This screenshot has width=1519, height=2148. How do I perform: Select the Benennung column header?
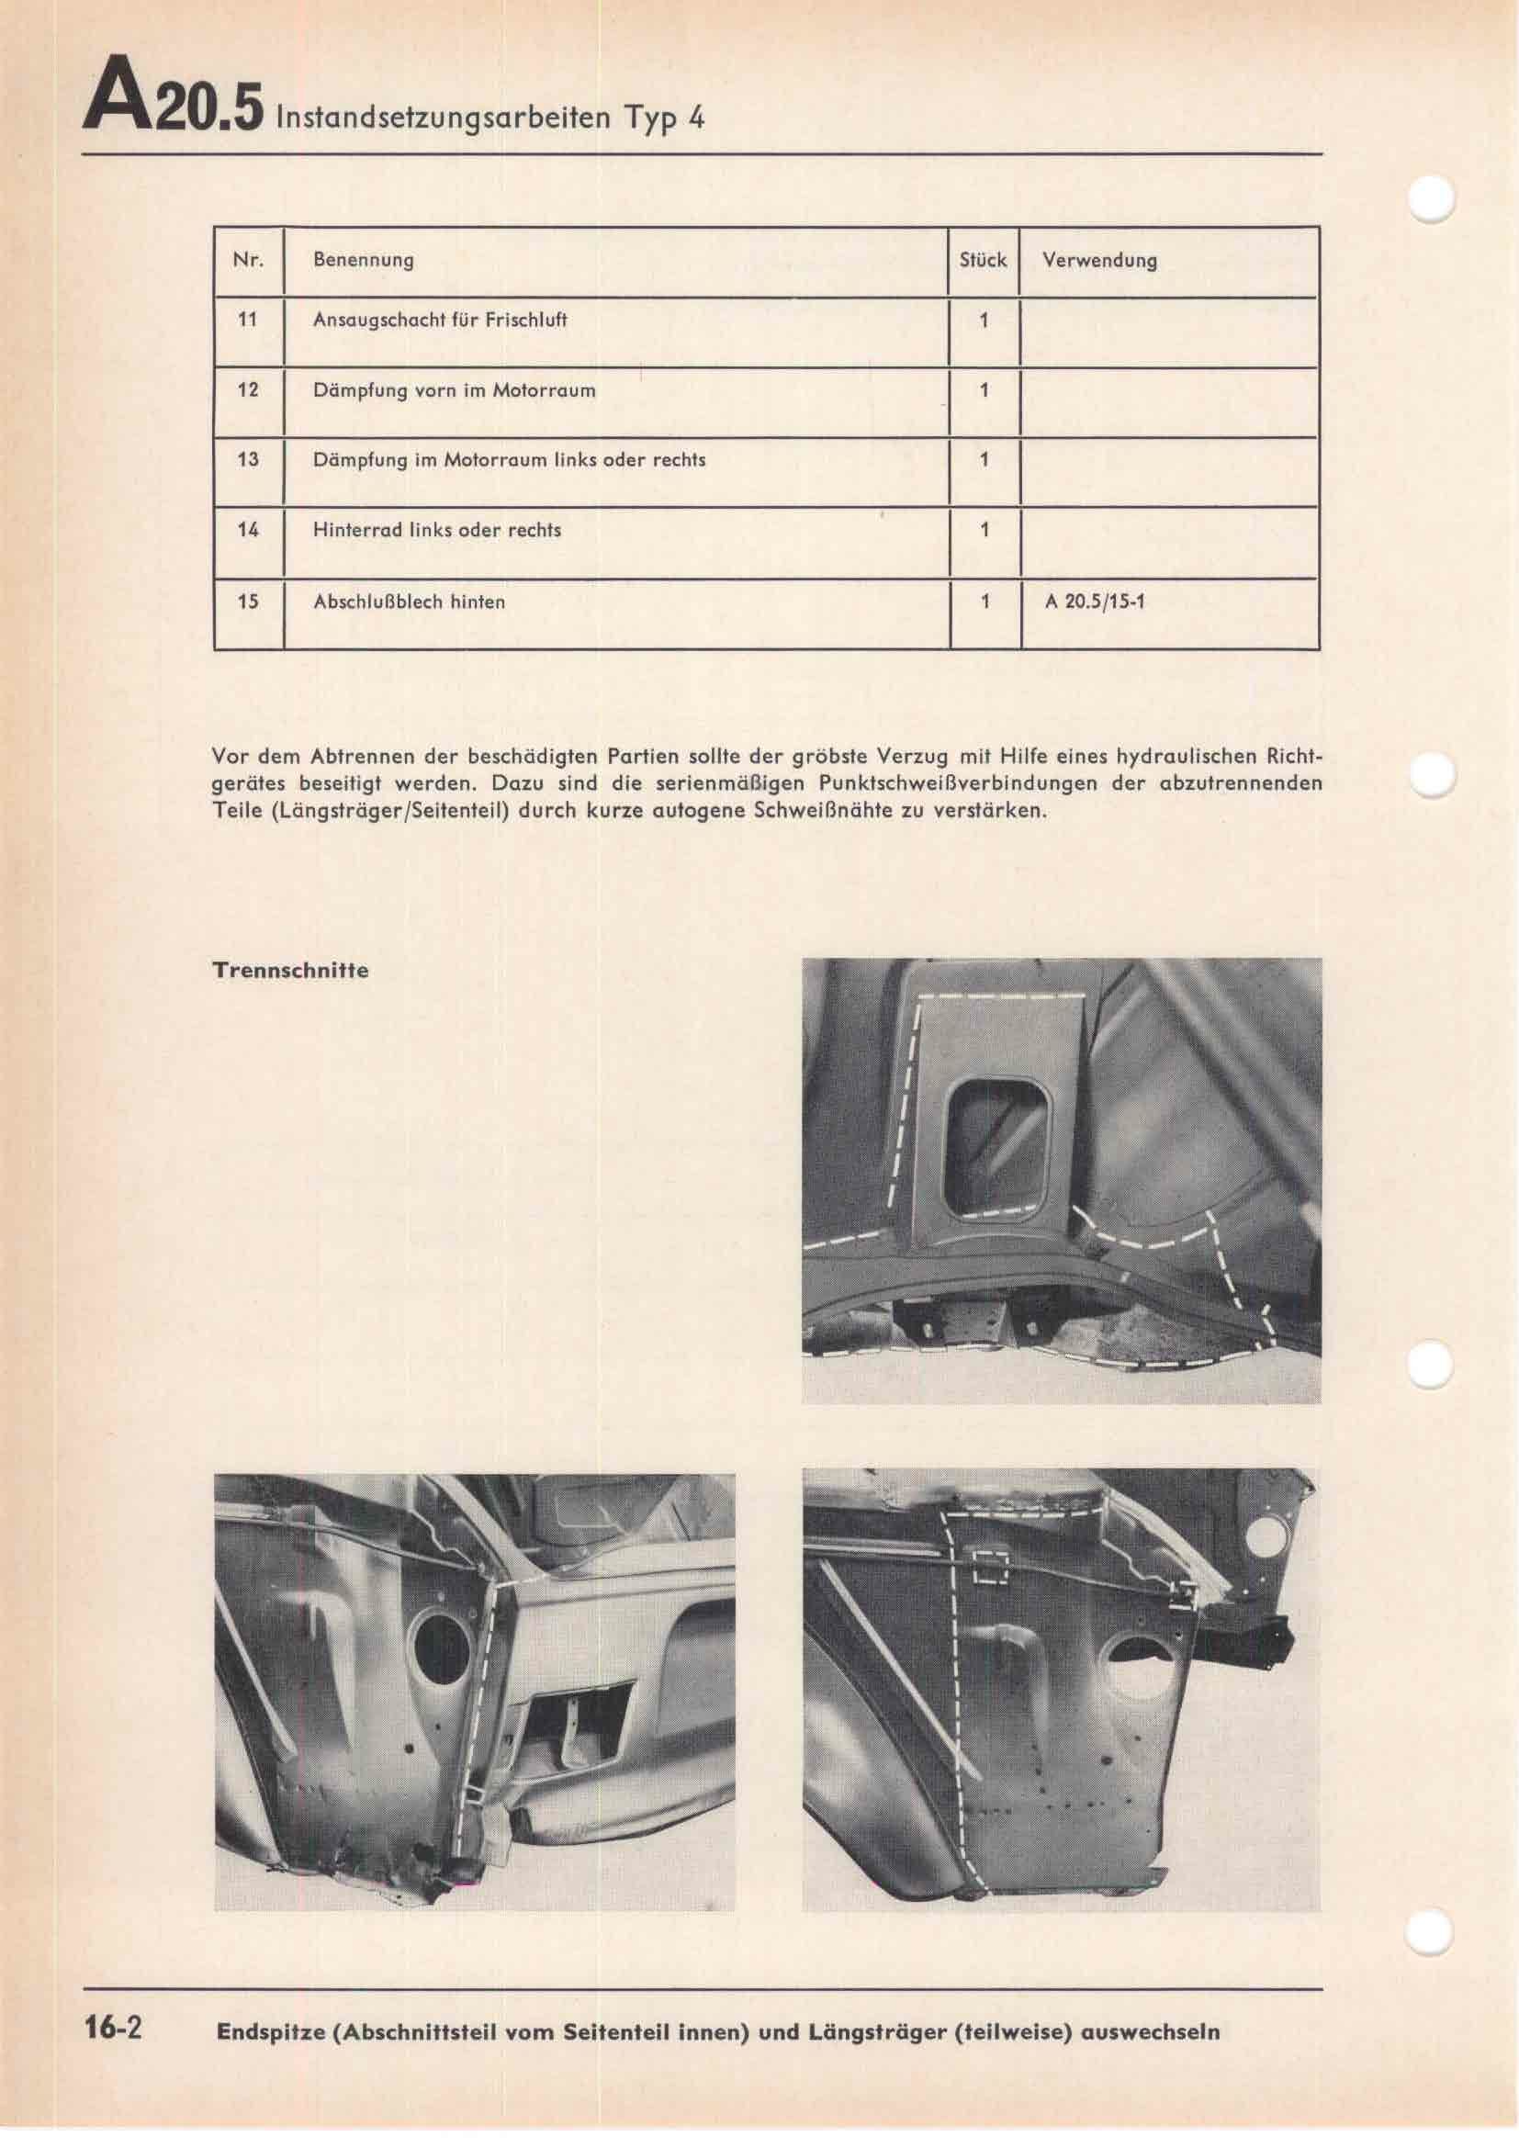[x=363, y=260]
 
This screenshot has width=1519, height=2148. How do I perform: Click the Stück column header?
[x=983, y=260]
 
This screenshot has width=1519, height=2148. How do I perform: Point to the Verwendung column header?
[x=1099, y=260]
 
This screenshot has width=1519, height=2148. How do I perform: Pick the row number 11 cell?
[x=248, y=320]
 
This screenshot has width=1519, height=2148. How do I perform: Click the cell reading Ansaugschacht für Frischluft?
[x=441, y=320]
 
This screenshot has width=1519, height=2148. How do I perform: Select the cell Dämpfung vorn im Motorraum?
[x=454, y=390]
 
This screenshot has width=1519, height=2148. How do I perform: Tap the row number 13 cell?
[x=248, y=460]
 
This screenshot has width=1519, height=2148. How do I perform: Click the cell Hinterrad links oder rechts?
[x=437, y=531]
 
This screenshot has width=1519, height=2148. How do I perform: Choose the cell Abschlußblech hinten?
[x=409, y=602]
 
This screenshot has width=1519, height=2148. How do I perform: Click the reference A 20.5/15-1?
[x=1096, y=602]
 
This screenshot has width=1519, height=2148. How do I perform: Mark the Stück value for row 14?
[x=984, y=531]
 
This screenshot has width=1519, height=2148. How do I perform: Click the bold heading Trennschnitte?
[x=291, y=971]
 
